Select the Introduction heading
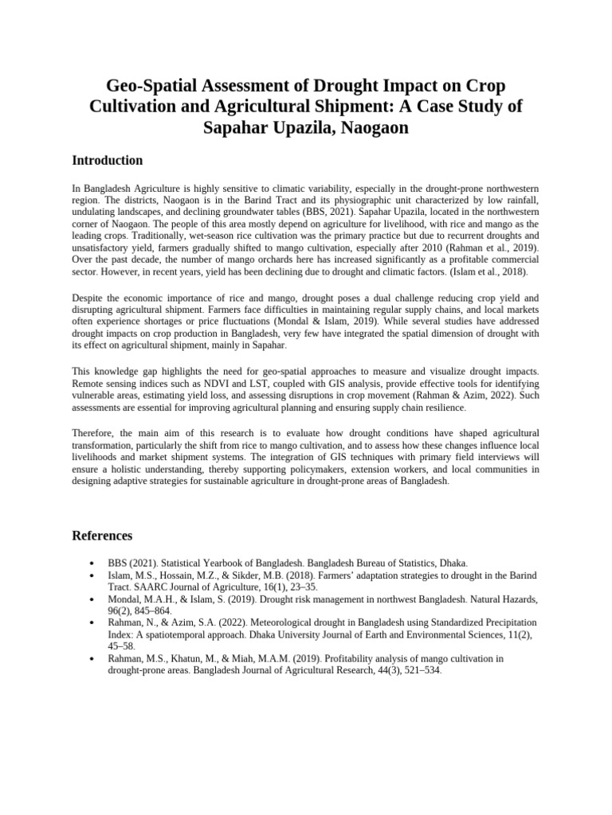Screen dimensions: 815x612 click(108, 161)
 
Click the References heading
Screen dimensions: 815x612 click(102, 536)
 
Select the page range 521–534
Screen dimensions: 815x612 click(416, 670)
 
